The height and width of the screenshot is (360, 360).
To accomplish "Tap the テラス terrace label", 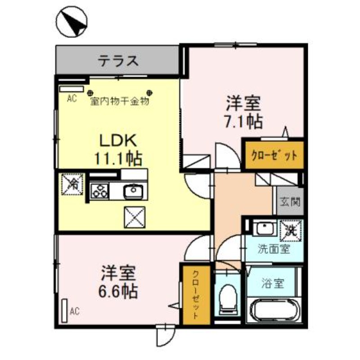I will click(x=118, y=60).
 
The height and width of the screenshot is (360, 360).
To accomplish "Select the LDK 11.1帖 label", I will click(x=118, y=149).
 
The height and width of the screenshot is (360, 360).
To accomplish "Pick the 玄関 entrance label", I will click(x=287, y=201).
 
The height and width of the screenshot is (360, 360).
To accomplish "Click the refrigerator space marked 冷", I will click(x=72, y=184).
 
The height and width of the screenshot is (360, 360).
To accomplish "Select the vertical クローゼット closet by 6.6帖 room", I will click(x=195, y=295).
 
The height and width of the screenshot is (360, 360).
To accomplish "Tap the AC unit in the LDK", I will click(x=72, y=89).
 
